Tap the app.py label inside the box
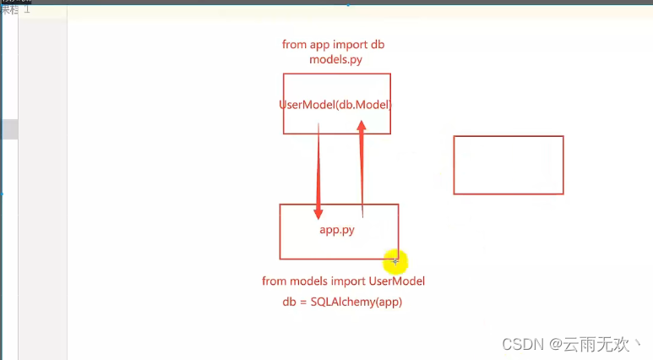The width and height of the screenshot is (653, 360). (336, 230)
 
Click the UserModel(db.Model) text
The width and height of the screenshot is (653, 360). (336, 104)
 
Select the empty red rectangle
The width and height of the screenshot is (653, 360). (508, 165)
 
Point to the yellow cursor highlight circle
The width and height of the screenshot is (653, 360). (395, 261)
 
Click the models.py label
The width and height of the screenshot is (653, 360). (336, 61)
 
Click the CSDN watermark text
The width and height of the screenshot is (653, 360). (522, 345)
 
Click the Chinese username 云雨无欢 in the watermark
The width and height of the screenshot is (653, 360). (597, 345)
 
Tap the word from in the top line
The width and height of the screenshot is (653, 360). (295, 45)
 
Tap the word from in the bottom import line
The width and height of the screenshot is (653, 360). (275, 281)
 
